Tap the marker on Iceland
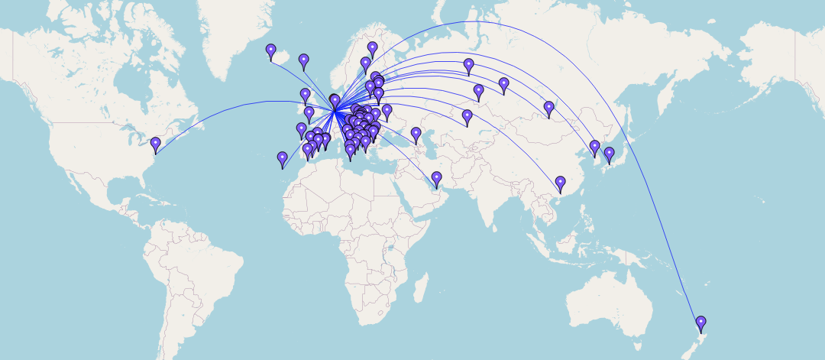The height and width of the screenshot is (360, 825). [270, 52]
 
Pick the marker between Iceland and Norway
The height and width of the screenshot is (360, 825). [303, 61]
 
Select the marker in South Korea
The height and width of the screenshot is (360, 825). [594, 148]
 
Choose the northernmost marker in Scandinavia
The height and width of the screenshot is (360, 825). [372, 49]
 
